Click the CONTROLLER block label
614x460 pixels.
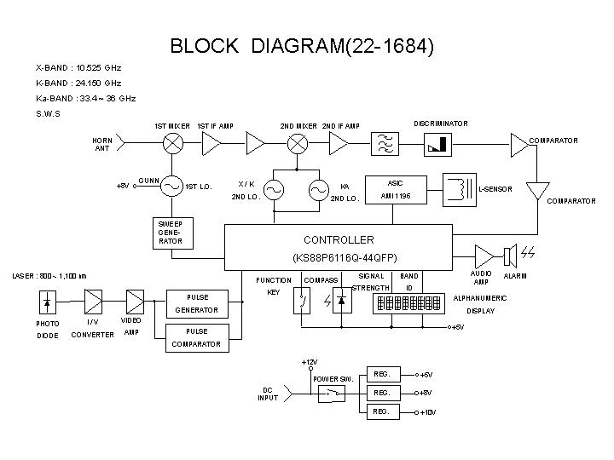tap(339, 239)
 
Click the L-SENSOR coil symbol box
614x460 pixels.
tap(459, 188)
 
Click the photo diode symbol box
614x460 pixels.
tap(48, 302)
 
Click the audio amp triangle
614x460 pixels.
tap(483, 254)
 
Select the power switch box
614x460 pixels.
tap(329, 393)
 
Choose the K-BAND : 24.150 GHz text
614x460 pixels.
tap(78, 83)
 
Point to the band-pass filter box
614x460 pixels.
tap(384, 145)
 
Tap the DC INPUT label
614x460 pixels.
tap(269, 394)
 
